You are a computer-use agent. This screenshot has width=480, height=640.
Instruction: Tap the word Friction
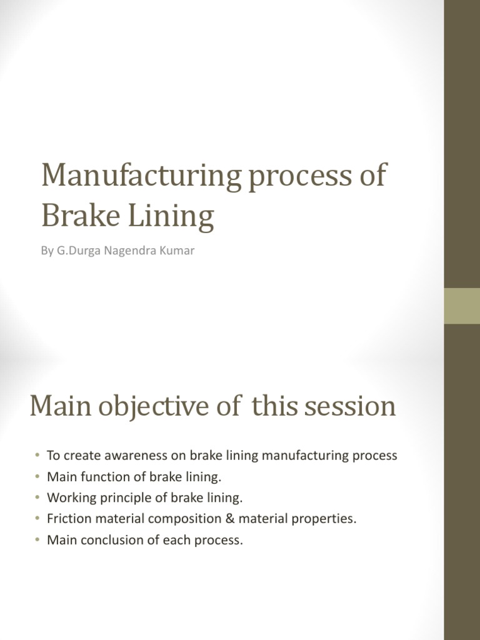coord(67,519)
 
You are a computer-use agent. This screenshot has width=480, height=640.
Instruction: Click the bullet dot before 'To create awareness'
coord(37,456)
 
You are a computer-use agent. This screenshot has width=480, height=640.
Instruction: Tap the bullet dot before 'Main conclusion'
coord(37,541)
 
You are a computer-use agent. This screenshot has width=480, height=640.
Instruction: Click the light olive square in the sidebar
coord(462,306)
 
